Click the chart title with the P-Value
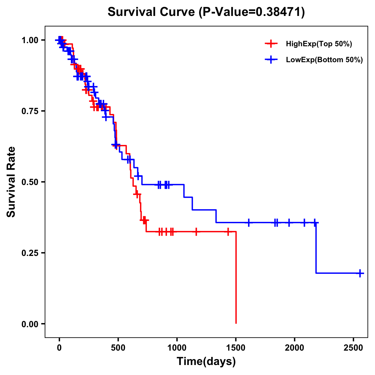[206, 12]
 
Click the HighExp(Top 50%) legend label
[319, 44]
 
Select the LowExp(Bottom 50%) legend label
[324, 60]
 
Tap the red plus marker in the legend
[271, 44]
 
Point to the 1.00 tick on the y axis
[30, 40]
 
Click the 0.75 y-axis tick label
[30, 111]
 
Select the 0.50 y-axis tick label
[30, 182]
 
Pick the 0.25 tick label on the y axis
[30, 253]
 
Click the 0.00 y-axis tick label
[30, 324]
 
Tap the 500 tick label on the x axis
[118, 347]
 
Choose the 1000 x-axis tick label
[177, 347]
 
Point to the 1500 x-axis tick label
[236, 347]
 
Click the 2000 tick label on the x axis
[294, 347]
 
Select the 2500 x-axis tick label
[353, 347]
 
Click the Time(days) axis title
[206, 362]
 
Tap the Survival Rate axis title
[11, 182]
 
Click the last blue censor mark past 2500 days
[360, 273]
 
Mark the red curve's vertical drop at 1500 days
[236, 278]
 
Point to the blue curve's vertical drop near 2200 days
[316, 248]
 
